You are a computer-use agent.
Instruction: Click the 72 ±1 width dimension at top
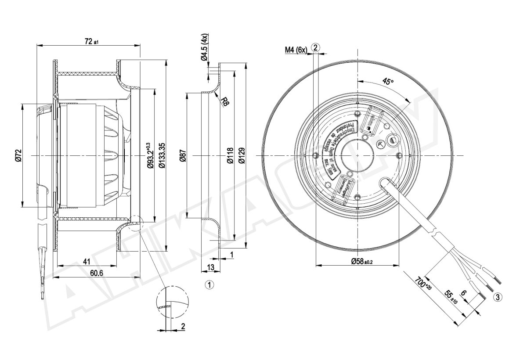pos(91,42)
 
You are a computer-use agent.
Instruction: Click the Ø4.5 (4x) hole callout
pos(205,49)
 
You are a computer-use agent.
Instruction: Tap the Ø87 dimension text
pos(183,156)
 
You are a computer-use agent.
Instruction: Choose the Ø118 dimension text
pos(229,156)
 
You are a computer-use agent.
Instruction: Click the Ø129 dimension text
pos(241,156)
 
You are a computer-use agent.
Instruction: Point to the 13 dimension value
pos(211,267)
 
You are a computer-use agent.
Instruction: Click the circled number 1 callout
pos(209,285)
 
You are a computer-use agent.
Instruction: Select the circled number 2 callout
pos(316,47)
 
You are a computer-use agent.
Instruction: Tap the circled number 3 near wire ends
pos(498,297)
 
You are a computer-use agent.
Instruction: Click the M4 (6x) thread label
pos(296,50)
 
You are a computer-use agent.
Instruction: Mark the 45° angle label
pos(388,82)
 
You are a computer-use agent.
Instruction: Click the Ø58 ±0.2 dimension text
pos(361,262)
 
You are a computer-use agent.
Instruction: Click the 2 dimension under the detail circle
pos(183,326)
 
